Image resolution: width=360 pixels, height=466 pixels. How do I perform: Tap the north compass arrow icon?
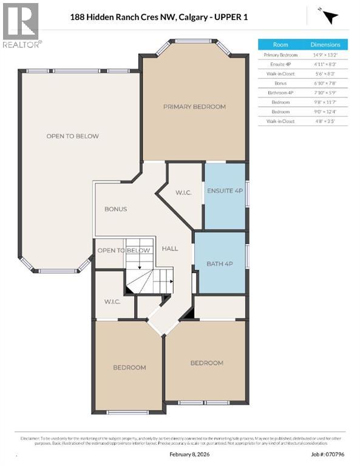(329, 17)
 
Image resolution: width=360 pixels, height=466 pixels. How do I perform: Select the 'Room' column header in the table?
(280, 44)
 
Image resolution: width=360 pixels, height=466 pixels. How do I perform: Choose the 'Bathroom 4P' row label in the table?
(280, 93)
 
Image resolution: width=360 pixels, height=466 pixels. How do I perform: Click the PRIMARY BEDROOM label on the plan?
(194, 107)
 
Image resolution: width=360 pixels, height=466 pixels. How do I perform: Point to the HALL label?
(169, 248)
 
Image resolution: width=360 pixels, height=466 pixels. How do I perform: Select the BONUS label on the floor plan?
(115, 209)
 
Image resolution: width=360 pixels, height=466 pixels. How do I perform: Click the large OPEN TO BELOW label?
(72, 136)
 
